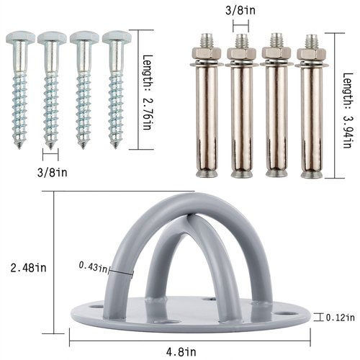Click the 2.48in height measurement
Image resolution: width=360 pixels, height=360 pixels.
tap(25, 266)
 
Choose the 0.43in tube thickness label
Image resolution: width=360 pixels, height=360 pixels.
tap(94, 267)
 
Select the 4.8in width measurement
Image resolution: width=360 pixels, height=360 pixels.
tap(193, 351)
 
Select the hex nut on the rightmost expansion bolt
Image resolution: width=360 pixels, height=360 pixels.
tap(310, 54)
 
